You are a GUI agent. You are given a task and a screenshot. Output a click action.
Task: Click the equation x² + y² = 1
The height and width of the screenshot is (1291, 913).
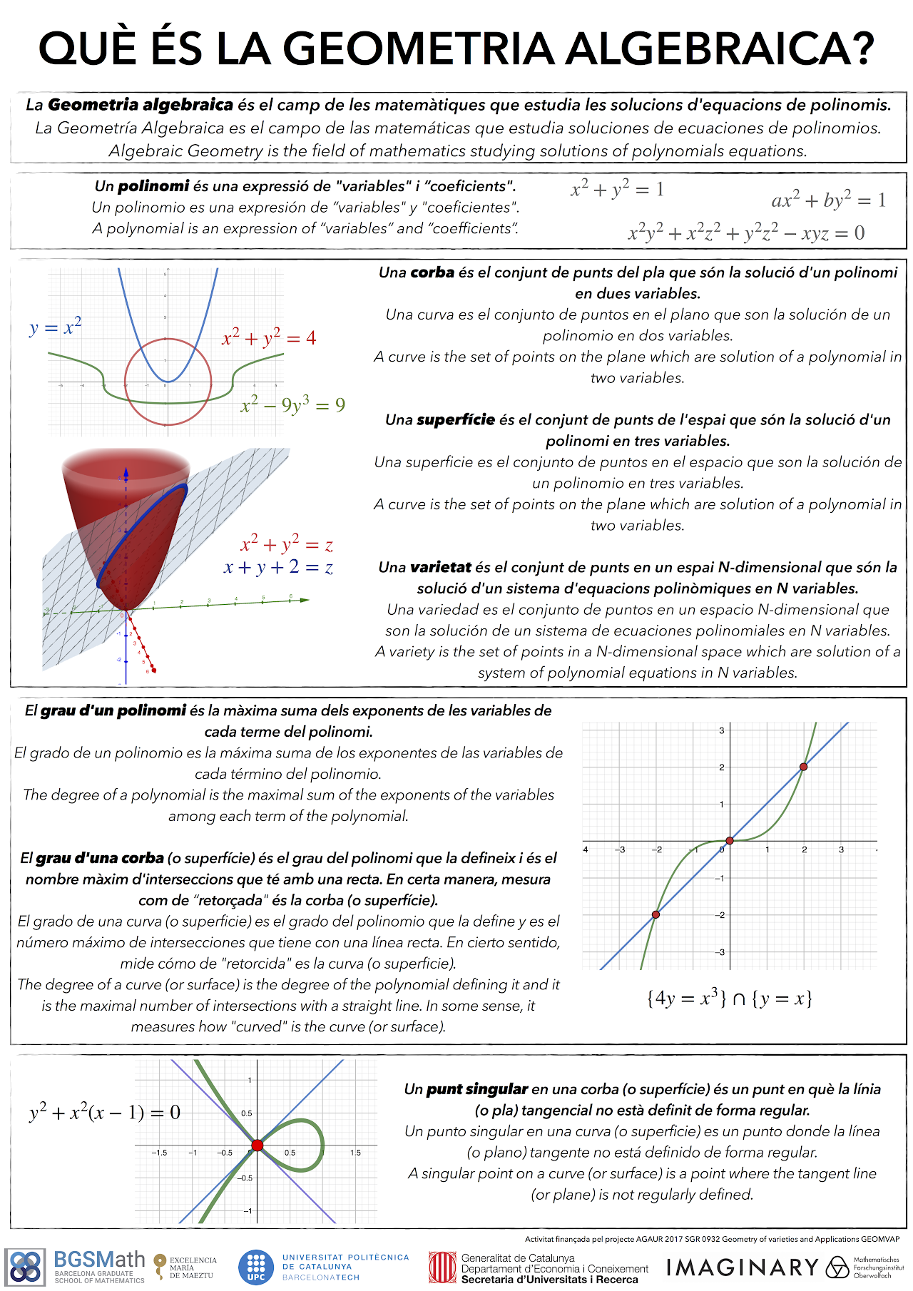point(617,189)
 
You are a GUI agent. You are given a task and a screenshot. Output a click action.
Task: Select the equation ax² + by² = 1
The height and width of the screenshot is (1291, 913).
point(828,200)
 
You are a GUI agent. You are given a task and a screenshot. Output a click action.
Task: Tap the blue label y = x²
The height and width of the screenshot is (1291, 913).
point(56,327)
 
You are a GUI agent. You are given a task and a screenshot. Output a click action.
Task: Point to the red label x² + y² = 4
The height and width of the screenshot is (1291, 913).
point(269,337)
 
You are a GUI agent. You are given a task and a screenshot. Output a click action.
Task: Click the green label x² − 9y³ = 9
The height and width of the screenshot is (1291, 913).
point(292,405)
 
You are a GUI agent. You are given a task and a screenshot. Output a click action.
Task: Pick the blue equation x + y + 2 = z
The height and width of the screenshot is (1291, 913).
point(278,568)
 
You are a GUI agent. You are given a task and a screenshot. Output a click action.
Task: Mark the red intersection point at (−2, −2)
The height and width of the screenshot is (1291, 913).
point(656,914)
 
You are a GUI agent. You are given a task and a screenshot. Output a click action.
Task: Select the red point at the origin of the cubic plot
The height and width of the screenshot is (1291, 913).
point(729,841)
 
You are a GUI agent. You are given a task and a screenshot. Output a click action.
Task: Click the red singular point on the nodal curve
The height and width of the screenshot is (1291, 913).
point(257,1145)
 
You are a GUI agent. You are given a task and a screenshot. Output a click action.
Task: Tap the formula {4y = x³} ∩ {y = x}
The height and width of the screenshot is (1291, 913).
point(729,998)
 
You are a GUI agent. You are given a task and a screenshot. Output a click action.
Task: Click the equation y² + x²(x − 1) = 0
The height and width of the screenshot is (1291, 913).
point(105,1113)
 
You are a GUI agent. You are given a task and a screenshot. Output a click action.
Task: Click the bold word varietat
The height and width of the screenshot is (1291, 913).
point(440,568)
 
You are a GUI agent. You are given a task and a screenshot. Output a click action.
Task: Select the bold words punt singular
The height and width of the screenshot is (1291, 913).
point(476,1089)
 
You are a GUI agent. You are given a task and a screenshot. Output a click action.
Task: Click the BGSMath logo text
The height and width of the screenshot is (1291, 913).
point(99,1260)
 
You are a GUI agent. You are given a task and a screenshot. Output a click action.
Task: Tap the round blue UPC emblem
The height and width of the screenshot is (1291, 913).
point(255,1267)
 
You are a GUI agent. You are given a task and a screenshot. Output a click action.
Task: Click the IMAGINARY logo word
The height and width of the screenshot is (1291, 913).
point(742,1267)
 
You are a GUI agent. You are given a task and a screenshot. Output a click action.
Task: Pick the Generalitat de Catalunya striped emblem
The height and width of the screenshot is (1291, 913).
point(442,1267)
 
